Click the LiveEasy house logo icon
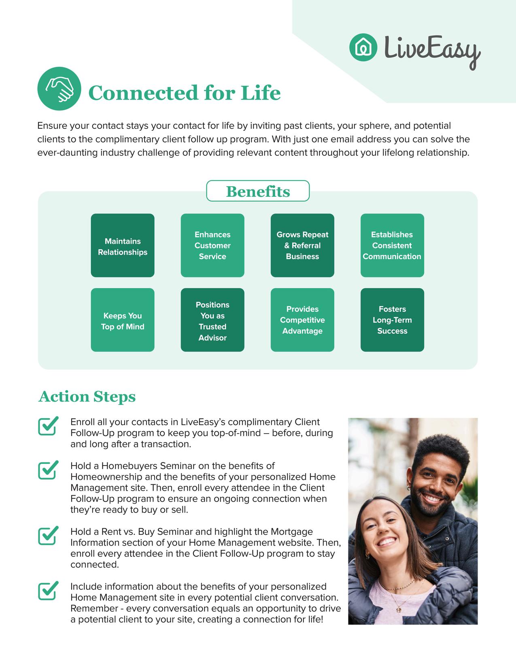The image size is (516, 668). (363, 47)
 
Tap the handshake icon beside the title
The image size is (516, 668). (59, 89)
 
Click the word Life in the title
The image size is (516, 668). (261, 93)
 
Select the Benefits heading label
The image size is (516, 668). (258, 191)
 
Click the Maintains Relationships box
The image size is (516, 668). (123, 246)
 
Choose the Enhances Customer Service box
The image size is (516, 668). (212, 246)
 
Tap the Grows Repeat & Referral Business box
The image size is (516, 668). (302, 246)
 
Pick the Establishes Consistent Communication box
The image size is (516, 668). (392, 246)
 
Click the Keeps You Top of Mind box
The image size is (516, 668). (123, 320)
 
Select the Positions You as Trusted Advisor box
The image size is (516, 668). (212, 320)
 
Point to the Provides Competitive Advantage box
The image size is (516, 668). (302, 320)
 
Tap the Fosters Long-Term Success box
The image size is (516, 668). (392, 320)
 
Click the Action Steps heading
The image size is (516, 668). (87, 396)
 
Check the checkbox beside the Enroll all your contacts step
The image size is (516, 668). (48, 426)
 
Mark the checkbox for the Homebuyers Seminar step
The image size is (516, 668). (48, 470)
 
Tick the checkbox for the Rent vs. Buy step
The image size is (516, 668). (48, 536)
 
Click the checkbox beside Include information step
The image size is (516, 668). (48, 591)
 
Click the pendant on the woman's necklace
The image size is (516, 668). (398, 608)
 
